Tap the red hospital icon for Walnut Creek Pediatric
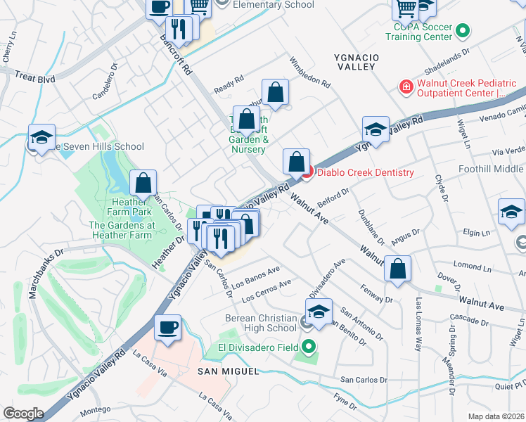click(405, 87)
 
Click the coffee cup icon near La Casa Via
click(168, 327)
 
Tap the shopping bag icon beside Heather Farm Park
click(143, 183)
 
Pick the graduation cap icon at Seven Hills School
click(41, 136)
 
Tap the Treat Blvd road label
click(34, 79)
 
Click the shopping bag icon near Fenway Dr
click(398, 268)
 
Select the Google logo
click(23, 413)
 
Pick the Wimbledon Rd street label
click(309, 72)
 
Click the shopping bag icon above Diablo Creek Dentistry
click(297, 161)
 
